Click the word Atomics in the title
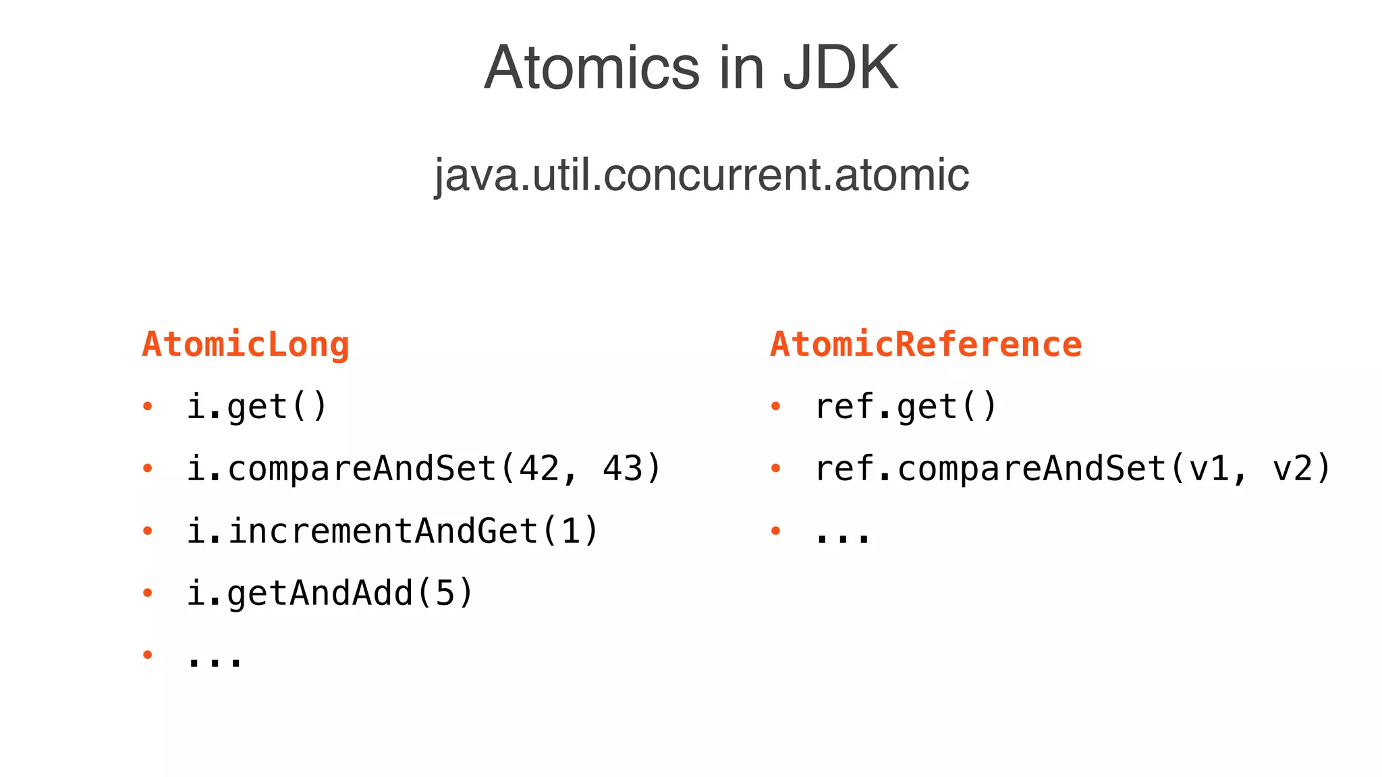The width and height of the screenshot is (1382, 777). [x=592, y=67]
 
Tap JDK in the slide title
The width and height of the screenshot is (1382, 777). [x=840, y=67]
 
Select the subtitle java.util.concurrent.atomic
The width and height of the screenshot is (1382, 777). [x=701, y=175]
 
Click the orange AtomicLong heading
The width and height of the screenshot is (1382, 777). [x=246, y=345]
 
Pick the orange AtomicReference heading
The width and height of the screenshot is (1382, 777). [x=926, y=345]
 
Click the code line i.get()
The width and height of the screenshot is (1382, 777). [x=256, y=407]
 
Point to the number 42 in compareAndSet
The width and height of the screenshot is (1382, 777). [x=539, y=469]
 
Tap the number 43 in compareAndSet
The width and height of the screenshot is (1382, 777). [x=623, y=469]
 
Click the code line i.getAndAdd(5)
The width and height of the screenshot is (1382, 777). [x=330, y=593]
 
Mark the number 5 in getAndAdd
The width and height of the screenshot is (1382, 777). [x=445, y=593]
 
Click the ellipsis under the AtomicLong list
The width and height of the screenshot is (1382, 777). [x=215, y=662]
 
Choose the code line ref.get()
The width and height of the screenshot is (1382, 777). [x=906, y=407]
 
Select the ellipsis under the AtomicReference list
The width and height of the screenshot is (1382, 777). [x=843, y=538]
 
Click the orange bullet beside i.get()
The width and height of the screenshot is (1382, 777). [x=148, y=406]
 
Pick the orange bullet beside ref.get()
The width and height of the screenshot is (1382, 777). [x=776, y=406]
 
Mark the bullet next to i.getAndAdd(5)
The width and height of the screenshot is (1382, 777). [x=148, y=593]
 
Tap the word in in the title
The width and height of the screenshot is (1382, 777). [x=741, y=67]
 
